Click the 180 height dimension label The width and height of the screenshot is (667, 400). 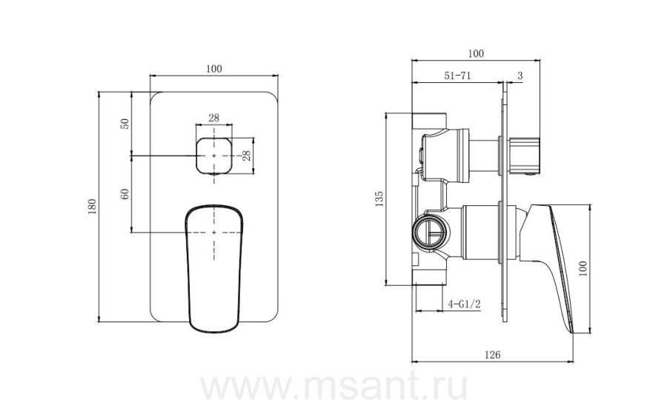click(93, 207)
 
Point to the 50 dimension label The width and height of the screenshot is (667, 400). click(125, 124)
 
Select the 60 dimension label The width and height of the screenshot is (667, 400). click(125, 194)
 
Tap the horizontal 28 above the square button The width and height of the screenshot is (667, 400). click(214, 118)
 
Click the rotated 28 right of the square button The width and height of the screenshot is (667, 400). click(246, 156)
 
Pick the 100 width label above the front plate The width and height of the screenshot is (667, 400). click(214, 69)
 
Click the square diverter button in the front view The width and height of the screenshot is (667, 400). click(214, 156)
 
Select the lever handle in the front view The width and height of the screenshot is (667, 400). click(214, 269)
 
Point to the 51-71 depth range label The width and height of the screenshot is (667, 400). click(457, 76)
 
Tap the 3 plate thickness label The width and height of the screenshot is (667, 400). click(520, 76)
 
